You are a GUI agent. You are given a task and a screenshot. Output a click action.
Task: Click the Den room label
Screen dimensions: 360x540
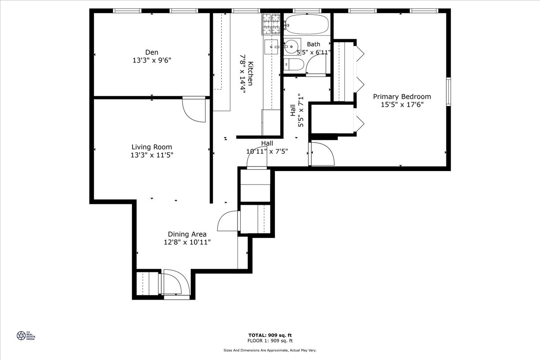coord(152,52)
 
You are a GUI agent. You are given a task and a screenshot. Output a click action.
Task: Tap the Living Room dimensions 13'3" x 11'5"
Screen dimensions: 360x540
coord(152,155)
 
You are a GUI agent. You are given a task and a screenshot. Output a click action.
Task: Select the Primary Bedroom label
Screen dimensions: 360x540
coord(402,96)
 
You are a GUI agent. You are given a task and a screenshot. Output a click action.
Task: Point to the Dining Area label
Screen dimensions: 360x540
coord(187,234)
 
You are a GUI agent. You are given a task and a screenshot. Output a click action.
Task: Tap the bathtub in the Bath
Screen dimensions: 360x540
coord(307,24)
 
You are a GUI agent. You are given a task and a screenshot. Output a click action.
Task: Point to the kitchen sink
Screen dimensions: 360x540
coord(271,45)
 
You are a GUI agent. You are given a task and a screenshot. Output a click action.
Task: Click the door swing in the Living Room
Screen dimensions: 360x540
coord(193,110)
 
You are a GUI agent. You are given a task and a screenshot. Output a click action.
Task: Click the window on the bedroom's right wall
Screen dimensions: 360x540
coord(448,92)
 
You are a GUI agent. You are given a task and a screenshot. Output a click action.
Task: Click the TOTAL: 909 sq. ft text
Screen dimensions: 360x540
coord(270,335)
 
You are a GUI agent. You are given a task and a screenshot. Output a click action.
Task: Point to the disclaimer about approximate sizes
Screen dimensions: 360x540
coord(270,350)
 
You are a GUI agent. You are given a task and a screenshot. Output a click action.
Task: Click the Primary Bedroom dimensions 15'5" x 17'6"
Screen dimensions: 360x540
coord(402,104)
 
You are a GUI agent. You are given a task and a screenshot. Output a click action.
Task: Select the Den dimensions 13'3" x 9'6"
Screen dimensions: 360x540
coord(152,60)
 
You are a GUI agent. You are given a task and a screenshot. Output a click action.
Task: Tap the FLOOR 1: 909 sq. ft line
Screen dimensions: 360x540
coord(270,341)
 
